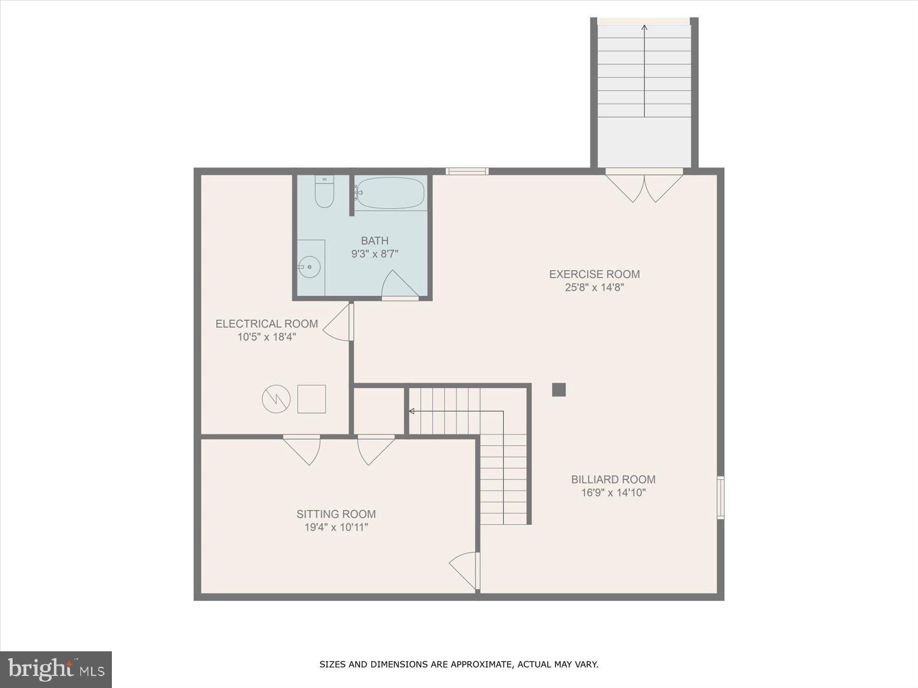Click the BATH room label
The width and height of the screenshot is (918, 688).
(x=374, y=241)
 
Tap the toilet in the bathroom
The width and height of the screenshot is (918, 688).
(x=324, y=193)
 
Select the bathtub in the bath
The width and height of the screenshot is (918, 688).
(x=390, y=193)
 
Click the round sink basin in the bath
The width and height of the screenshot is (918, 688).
(x=309, y=267)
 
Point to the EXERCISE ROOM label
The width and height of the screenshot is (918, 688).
(x=594, y=274)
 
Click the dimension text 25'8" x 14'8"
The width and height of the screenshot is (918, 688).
(x=594, y=288)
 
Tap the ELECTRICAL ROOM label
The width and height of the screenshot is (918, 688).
(x=266, y=324)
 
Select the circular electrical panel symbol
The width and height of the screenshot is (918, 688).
(x=276, y=399)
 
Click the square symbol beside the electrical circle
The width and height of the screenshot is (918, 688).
(x=312, y=399)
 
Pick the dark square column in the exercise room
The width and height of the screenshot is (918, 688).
(x=559, y=390)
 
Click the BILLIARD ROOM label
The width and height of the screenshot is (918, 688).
(x=613, y=479)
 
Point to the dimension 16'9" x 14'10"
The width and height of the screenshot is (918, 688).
(x=613, y=493)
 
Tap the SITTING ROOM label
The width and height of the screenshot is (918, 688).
(x=336, y=514)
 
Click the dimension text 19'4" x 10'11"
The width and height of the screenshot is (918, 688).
(x=336, y=527)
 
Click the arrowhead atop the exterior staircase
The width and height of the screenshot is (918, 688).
(x=644, y=27)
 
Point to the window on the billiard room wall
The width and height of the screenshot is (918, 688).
(x=721, y=498)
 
